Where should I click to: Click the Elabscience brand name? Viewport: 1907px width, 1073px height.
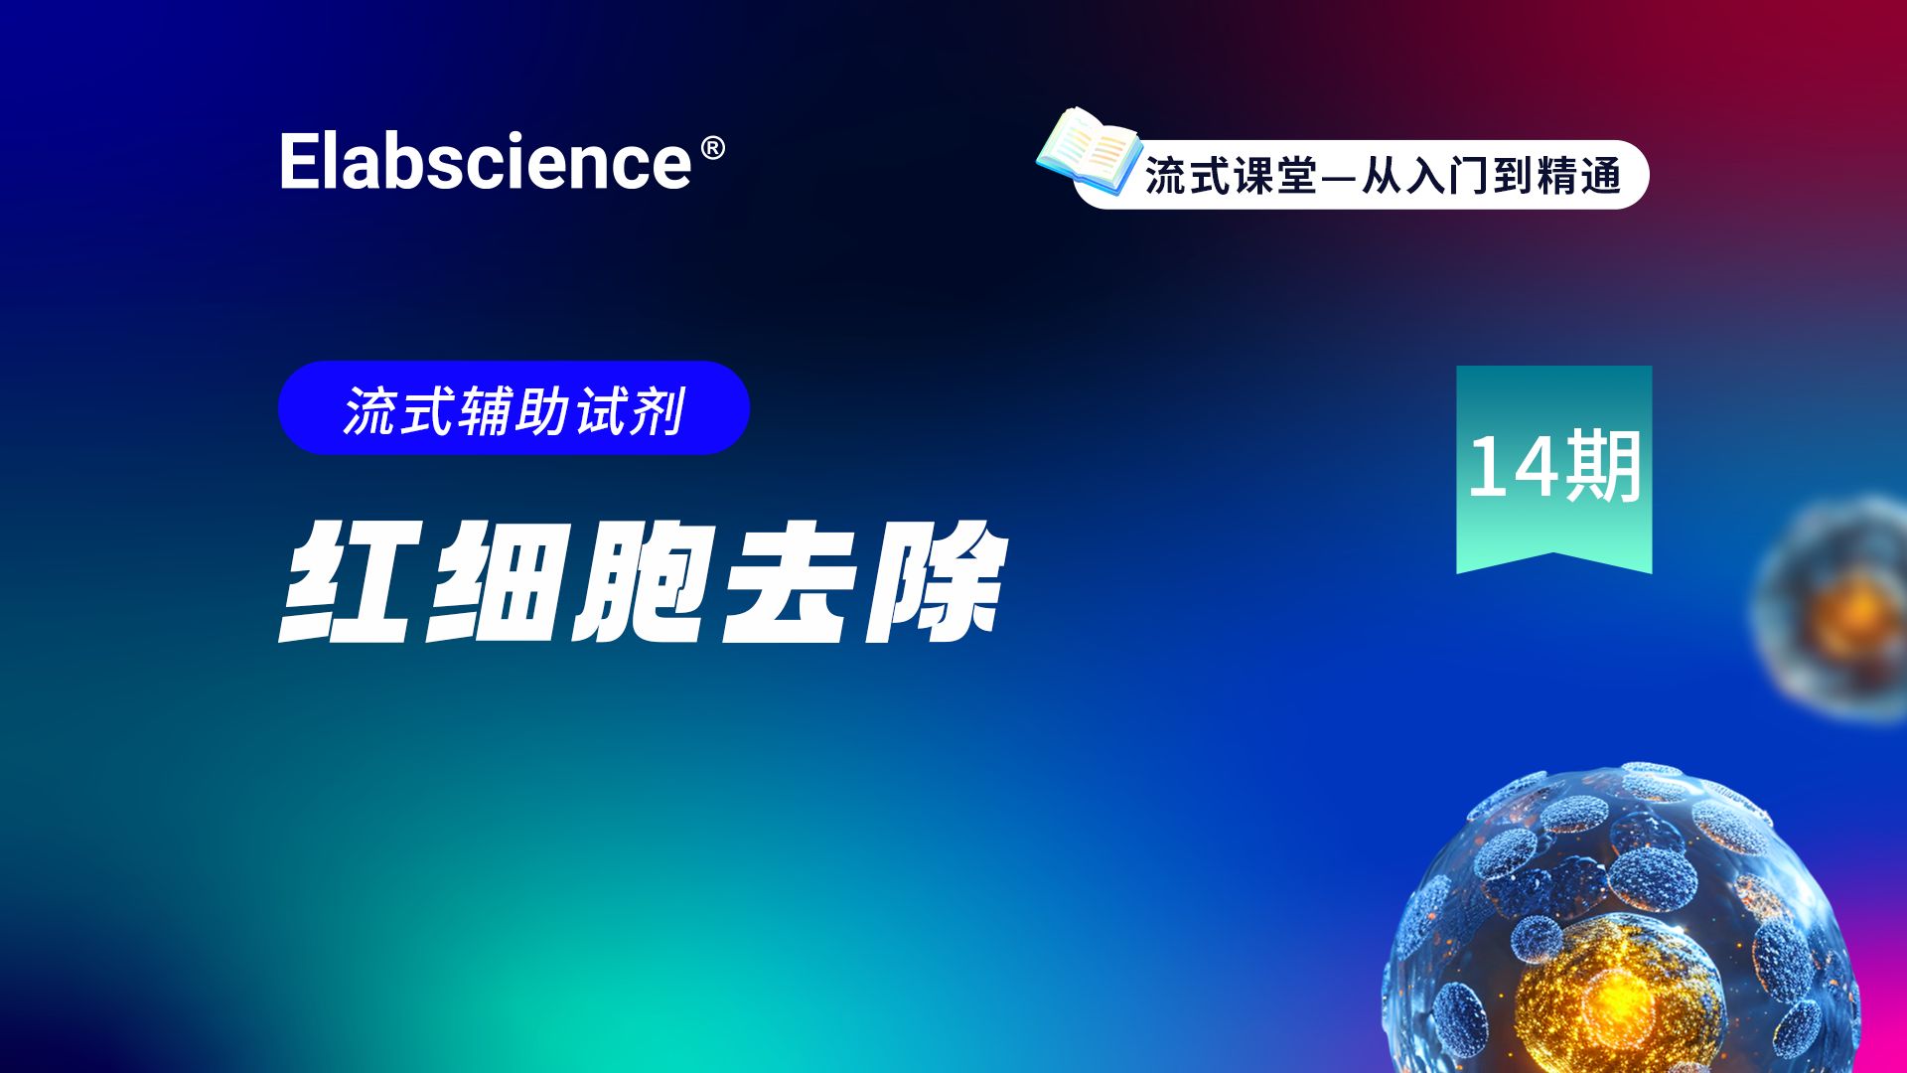tap(486, 162)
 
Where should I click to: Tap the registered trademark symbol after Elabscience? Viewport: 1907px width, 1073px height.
tap(712, 149)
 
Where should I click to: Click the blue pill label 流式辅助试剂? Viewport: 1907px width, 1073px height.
tap(513, 408)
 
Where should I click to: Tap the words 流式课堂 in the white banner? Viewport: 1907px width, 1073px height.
tap(1231, 177)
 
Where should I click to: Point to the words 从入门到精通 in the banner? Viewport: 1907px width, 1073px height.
tap(1491, 177)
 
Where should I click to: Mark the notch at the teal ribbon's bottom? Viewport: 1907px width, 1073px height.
tap(1553, 557)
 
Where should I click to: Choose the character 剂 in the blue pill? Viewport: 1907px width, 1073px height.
tap(660, 410)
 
